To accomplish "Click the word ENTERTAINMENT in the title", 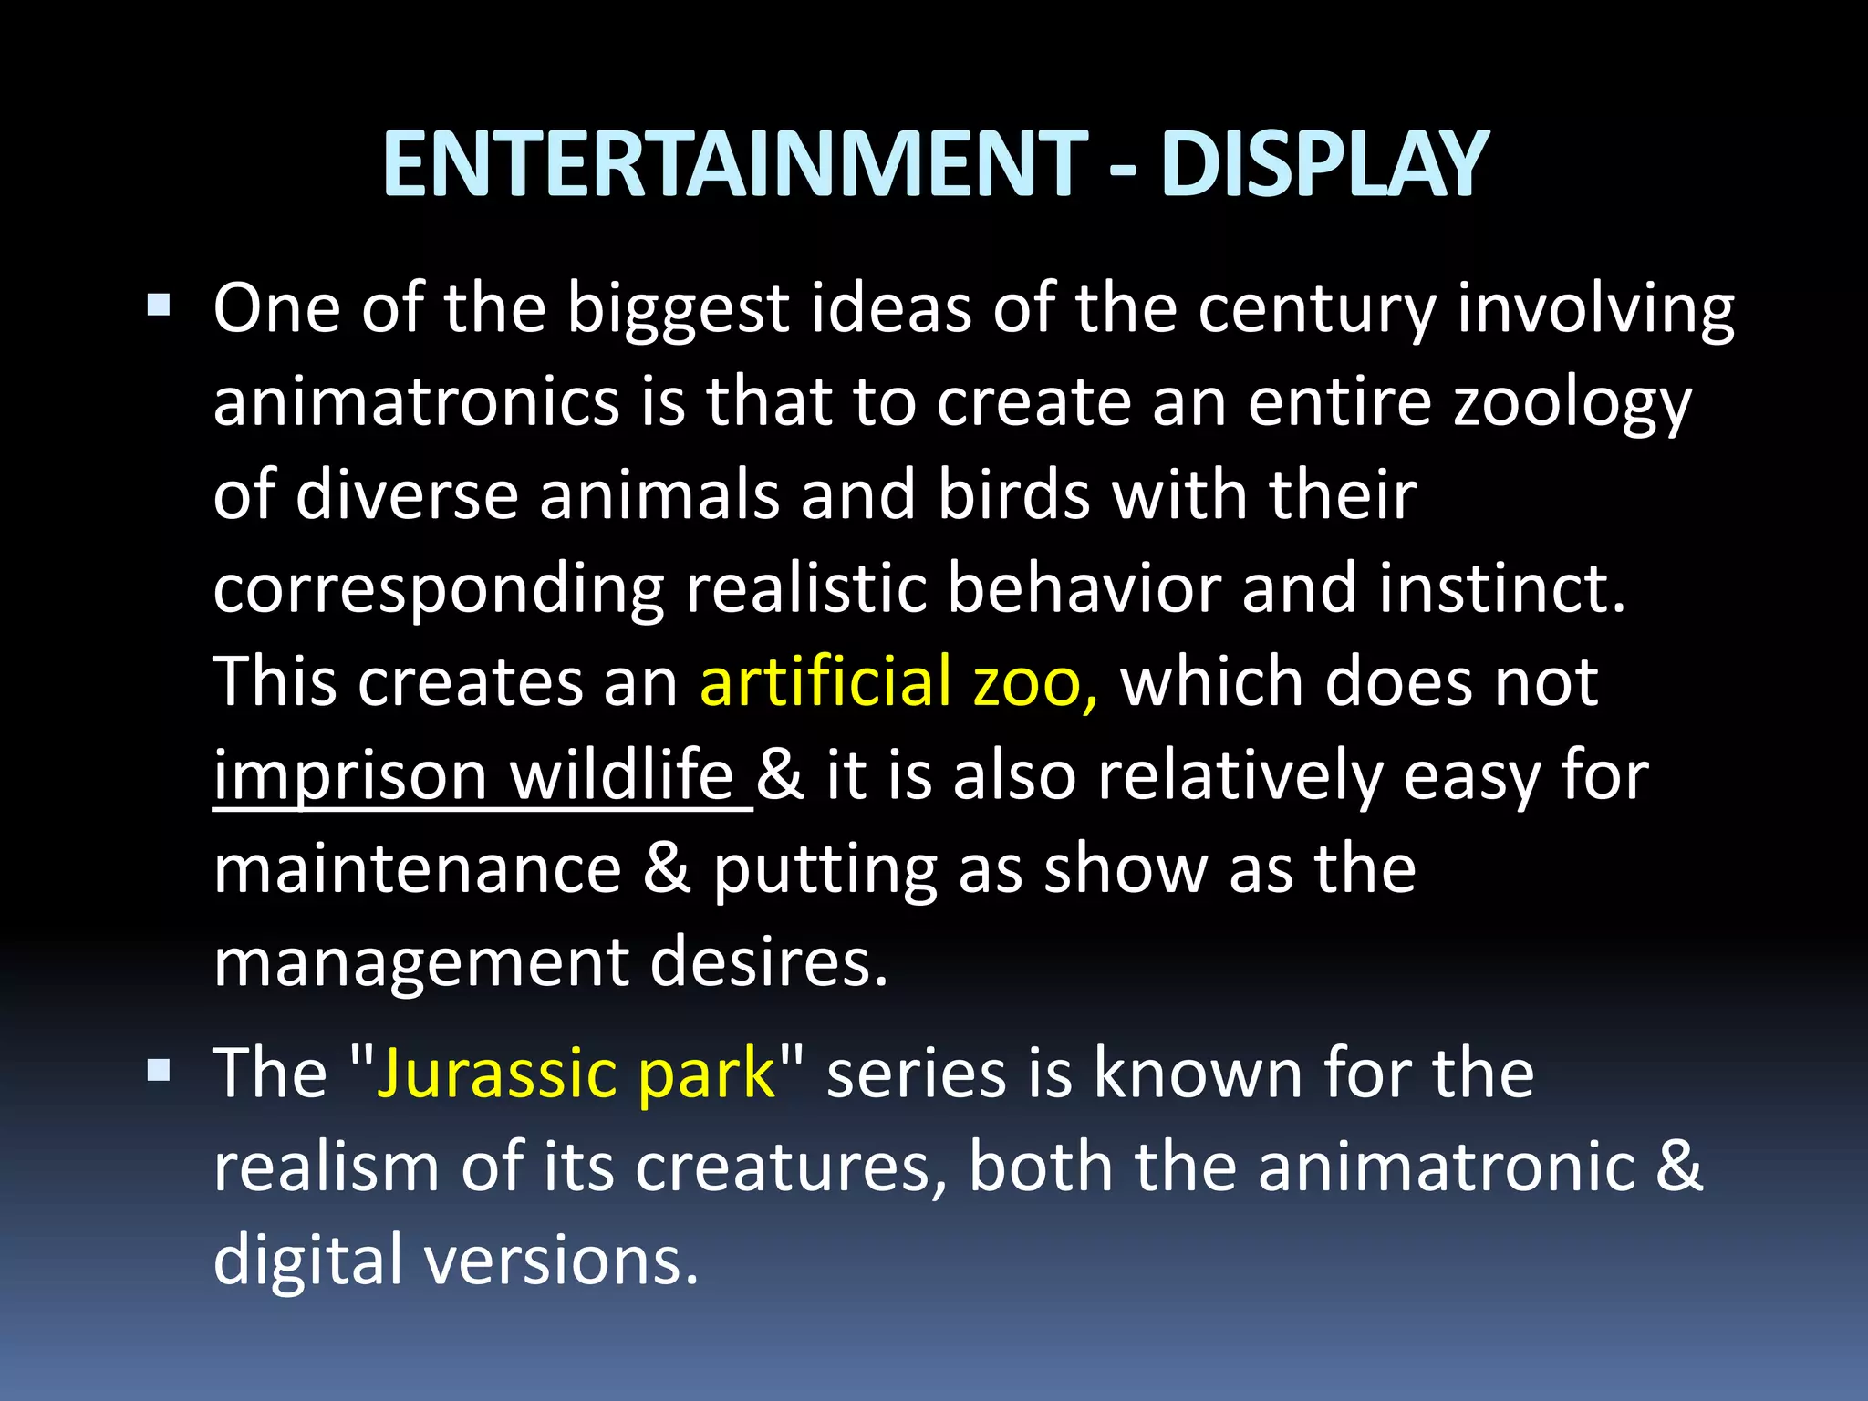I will tap(734, 164).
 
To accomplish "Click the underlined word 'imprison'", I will tap(350, 777).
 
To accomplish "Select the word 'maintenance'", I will tap(418, 869).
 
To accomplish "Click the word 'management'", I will tap(421, 964).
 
